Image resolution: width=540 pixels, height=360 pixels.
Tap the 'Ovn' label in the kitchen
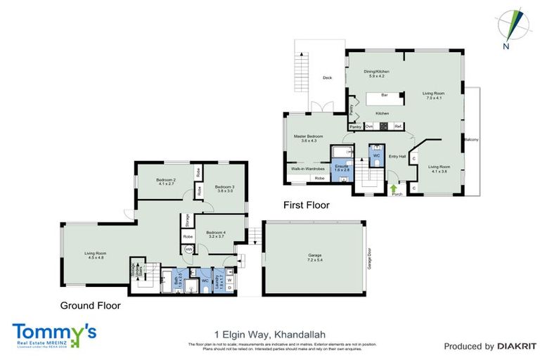368,127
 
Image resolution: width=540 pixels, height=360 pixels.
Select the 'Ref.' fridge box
397,127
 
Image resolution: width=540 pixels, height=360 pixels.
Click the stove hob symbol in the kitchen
383,127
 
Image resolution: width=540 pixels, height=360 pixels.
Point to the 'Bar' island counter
385,95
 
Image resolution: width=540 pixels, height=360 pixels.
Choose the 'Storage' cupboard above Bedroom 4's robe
188,220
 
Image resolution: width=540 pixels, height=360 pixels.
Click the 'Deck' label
327,78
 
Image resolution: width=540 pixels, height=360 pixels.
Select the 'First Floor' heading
307,205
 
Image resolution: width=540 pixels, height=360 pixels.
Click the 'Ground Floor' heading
91,306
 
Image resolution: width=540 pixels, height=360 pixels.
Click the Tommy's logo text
53,332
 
